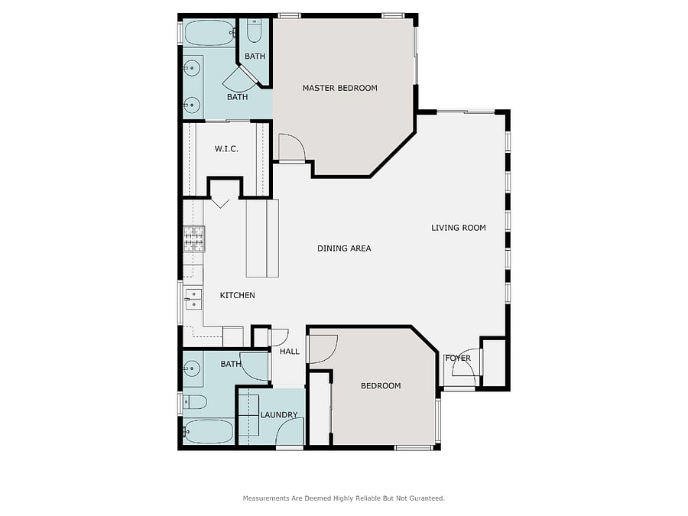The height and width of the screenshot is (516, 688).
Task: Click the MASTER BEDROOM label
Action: (x=339, y=88)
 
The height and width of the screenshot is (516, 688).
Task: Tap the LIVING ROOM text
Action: (x=459, y=228)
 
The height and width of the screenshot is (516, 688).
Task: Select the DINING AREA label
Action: (x=344, y=248)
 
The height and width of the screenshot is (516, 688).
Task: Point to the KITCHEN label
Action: (x=238, y=295)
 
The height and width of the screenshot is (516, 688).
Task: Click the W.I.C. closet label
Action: (x=226, y=149)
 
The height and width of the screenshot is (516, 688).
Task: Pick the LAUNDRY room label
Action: (x=279, y=414)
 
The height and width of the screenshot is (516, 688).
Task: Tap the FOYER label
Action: (x=458, y=358)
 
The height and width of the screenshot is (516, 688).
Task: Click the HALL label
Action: (x=290, y=352)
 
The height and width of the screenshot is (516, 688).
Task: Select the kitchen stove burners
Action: (x=194, y=239)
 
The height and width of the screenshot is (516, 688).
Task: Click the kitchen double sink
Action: (x=193, y=299)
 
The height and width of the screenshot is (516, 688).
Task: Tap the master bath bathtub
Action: (x=209, y=32)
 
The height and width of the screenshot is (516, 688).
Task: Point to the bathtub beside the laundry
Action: (x=209, y=432)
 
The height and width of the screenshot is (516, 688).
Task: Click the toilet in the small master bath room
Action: (x=254, y=31)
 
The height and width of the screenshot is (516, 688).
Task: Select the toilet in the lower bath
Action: (x=195, y=402)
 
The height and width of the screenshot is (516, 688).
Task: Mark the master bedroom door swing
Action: (x=292, y=148)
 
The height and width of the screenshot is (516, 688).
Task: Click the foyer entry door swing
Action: (x=464, y=362)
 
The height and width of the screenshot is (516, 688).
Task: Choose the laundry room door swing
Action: (x=290, y=432)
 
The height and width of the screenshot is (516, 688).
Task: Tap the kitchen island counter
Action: (x=262, y=239)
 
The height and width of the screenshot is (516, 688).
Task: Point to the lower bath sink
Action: (x=192, y=368)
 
